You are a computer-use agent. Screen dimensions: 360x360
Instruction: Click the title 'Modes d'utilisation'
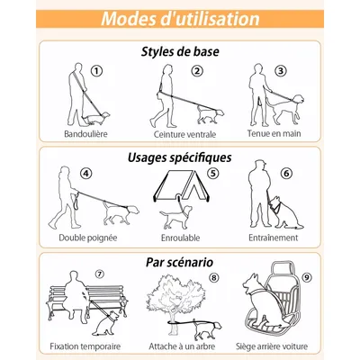(x=180, y=19)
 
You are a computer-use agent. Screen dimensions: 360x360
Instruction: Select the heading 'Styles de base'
(x=180, y=51)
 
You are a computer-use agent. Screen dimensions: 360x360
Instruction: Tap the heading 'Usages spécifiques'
(x=180, y=157)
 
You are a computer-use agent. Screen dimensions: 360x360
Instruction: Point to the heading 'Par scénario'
(x=180, y=262)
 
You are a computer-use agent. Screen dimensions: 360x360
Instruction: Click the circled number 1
(x=96, y=71)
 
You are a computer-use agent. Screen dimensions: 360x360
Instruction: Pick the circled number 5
(x=213, y=173)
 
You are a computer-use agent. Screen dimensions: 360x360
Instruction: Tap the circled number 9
(x=306, y=277)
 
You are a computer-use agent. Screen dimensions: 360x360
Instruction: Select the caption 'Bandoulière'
(x=85, y=134)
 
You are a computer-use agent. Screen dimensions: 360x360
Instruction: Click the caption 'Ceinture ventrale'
(x=184, y=134)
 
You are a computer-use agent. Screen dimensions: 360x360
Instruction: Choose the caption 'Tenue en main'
(x=274, y=133)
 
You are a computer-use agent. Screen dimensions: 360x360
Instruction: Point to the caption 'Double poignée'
(x=88, y=238)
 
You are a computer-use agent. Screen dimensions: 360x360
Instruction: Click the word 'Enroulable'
(x=181, y=238)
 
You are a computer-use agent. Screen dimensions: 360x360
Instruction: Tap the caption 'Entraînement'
(x=274, y=238)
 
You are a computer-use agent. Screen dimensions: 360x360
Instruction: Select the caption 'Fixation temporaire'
(x=85, y=346)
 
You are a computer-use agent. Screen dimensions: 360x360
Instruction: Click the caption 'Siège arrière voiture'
(x=272, y=346)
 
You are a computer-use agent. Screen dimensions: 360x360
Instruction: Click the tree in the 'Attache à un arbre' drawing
(x=176, y=303)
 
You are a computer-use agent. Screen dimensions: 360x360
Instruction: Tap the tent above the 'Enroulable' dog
(x=182, y=186)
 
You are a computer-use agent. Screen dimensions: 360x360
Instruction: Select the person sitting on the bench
(x=75, y=295)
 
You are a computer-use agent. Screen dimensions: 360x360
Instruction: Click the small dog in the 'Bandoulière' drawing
(x=95, y=117)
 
